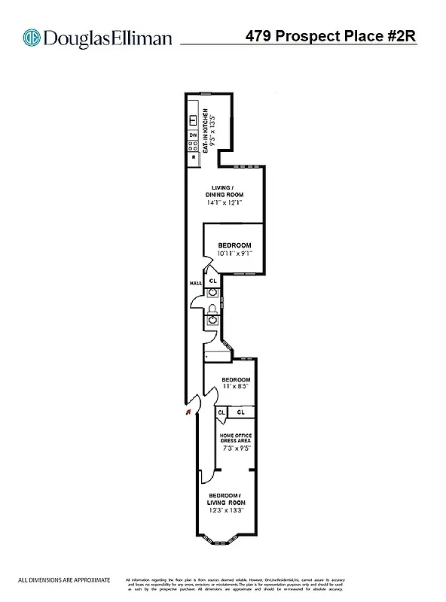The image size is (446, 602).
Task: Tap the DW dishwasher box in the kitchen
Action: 194,135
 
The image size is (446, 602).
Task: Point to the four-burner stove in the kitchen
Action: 194,146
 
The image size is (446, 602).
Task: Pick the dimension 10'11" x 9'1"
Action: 234,254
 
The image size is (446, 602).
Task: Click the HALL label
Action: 194,283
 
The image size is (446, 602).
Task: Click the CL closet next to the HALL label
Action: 212,281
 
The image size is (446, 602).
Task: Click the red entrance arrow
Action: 185,411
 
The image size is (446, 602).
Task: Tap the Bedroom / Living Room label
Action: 226,498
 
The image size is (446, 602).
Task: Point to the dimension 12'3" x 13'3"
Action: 226,511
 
